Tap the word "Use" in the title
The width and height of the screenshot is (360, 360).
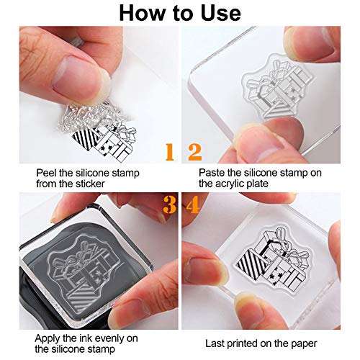click(220, 13)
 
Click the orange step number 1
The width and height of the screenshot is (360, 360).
click(170, 151)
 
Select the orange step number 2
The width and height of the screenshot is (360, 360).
click(193, 151)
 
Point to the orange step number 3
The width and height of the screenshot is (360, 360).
click(170, 207)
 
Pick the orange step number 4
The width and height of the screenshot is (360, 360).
click(192, 207)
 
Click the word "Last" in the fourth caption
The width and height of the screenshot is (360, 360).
click(215, 344)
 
